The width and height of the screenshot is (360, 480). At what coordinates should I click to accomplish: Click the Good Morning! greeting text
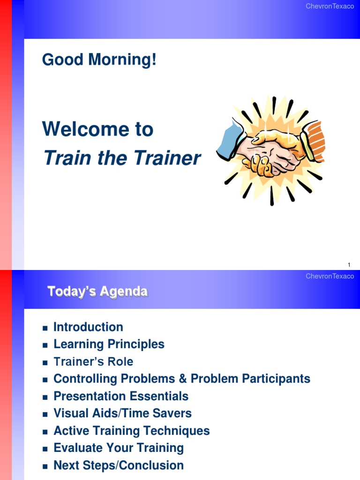[99, 60]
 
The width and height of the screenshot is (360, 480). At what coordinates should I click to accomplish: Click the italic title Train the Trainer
[121, 158]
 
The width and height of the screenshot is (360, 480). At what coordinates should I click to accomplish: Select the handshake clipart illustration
[270, 150]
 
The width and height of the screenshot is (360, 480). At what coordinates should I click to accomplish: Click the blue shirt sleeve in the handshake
[230, 140]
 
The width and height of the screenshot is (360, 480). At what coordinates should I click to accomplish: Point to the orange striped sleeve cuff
[313, 141]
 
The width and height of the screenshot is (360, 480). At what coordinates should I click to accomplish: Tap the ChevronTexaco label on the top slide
[330, 6]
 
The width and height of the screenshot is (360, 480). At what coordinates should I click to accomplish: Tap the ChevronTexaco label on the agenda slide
[330, 276]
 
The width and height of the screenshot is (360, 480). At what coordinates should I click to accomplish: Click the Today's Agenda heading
[97, 292]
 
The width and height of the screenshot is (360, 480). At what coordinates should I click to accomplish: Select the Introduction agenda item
[88, 327]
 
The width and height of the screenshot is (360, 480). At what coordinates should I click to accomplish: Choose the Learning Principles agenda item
[109, 345]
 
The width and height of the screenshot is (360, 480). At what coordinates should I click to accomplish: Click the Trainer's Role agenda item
[93, 362]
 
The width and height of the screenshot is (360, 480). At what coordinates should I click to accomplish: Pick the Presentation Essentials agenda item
[121, 396]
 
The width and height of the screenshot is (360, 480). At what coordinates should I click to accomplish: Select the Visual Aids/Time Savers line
[122, 413]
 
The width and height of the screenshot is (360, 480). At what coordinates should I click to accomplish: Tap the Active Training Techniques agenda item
[131, 431]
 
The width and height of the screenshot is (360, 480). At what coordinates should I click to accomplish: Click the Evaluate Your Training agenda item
[118, 448]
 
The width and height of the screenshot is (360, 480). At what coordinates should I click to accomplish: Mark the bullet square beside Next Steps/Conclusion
[45, 466]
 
